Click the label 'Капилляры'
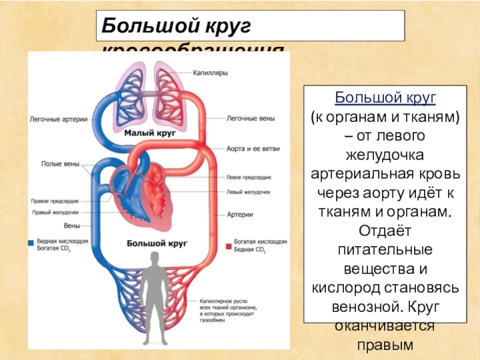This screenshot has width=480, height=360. [209, 73]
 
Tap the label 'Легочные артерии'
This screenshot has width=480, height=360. [58, 119]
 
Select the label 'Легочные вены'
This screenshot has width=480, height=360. [250, 119]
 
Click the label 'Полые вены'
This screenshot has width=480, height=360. [58, 163]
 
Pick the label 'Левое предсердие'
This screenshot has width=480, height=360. [248, 178]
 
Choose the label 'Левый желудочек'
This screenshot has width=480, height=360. [248, 192]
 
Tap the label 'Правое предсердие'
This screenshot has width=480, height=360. [53, 201]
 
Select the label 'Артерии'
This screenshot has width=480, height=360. [239, 214]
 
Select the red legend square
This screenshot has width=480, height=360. [228, 245]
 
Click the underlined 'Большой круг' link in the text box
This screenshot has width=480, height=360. [385, 97]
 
